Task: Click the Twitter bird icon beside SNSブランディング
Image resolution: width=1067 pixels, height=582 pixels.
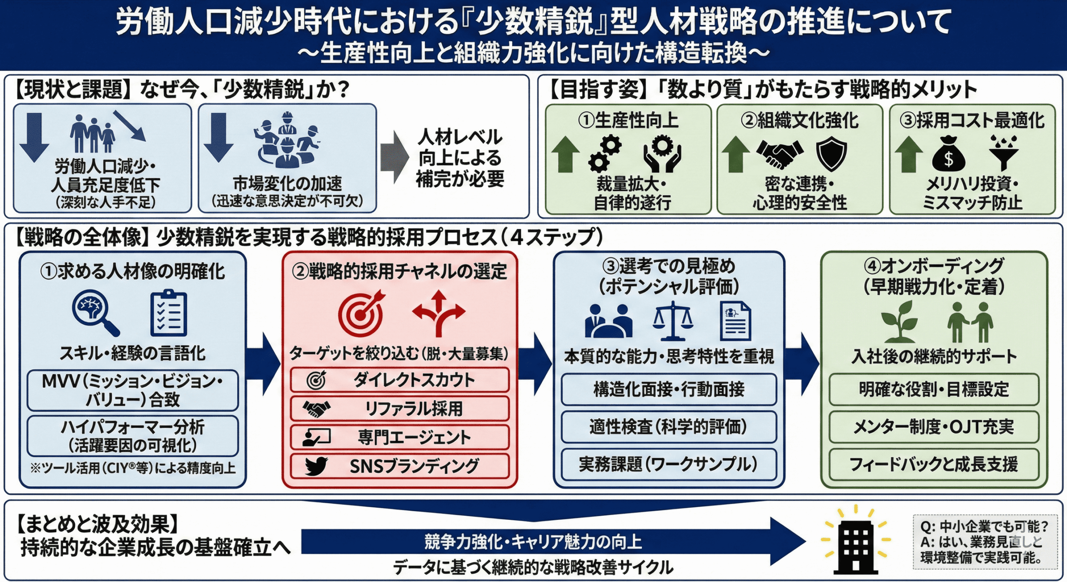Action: [x=316, y=466]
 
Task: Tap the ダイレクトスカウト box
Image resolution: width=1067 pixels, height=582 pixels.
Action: [x=399, y=380]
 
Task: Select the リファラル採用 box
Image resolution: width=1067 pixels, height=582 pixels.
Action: [x=399, y=409]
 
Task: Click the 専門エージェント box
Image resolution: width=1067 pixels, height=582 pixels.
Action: [x=399, y=437]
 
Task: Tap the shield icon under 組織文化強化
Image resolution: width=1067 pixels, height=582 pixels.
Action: [x=831, y=153]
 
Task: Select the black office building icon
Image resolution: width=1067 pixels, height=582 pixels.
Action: [x=855, y=546]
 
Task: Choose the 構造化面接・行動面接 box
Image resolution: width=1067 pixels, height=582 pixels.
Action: [x=669, y=389]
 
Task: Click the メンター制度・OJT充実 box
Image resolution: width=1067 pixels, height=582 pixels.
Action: [x=934, y=427]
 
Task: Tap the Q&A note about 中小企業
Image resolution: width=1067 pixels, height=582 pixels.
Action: [x=984, y=542]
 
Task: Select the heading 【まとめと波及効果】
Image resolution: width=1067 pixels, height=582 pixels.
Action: [x=98, y=524]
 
